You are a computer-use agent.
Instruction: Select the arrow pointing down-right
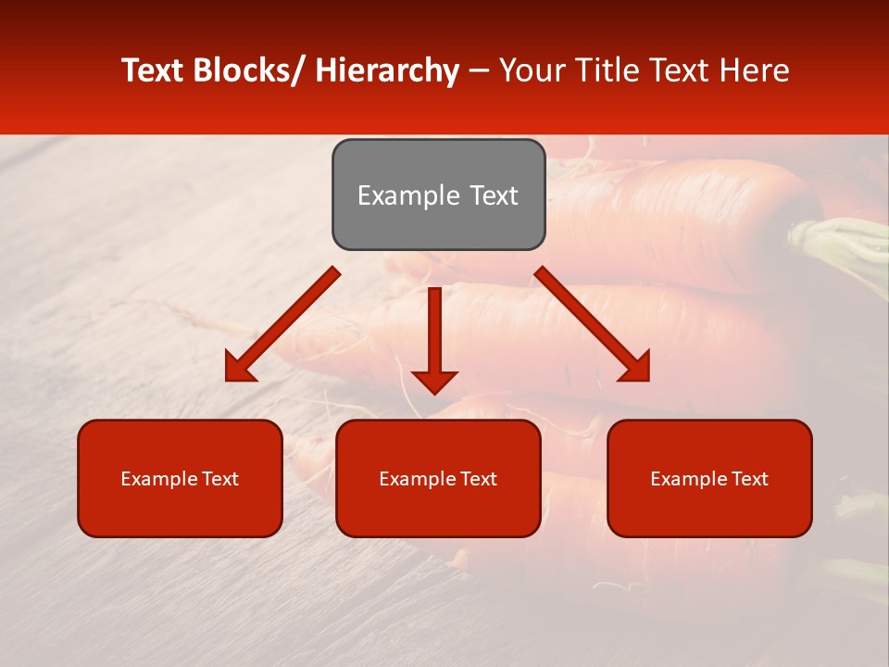(x=594, y=325)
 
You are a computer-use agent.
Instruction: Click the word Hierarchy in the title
(x=387, y=70)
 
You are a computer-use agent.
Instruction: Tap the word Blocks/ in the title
(x=249, y=70)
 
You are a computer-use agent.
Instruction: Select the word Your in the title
(x=532, y=70)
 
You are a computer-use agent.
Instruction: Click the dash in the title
(x=479, y=70)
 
